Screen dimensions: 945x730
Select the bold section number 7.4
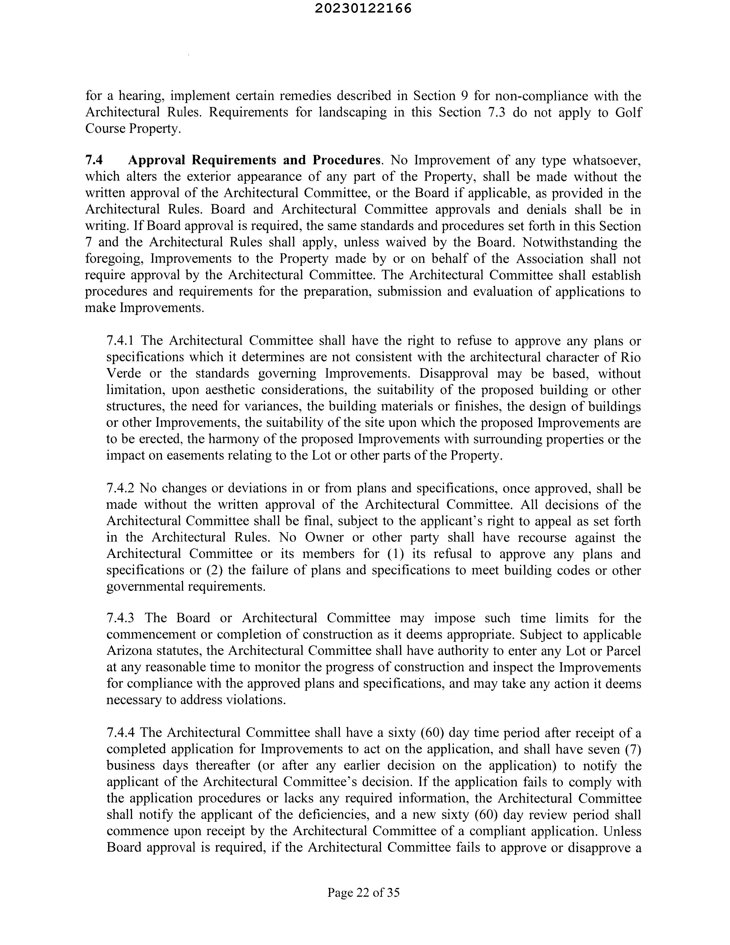[x=94, y=160]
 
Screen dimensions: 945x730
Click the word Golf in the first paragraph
[x=628, y=112]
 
